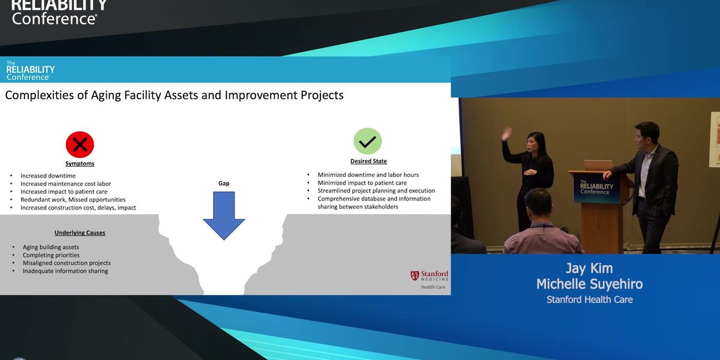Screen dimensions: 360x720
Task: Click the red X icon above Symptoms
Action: [x=80, y=145]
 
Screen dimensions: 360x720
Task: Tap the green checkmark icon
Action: [x=367, y=142]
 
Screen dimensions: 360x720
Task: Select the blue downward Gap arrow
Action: [x=224, y=214]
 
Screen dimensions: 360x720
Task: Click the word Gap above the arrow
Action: [x=224, y=183]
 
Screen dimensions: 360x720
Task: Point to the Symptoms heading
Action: [x=80, y=164]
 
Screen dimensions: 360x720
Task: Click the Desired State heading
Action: [x=368, y=161]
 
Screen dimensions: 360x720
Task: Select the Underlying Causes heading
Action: [x=80, y=232]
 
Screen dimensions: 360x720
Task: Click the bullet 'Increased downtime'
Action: [x=48, y=176]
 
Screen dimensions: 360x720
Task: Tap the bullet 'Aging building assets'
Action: [x=51, y=247]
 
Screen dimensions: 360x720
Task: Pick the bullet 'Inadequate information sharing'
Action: [x=65, y=271]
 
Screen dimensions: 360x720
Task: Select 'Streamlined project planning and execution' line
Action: [x=376, y=191]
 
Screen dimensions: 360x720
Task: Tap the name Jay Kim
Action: [x=589, y=268]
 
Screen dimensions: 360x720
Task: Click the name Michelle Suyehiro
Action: [x=589, y=284]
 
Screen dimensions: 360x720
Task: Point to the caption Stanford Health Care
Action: [x=589, y=299]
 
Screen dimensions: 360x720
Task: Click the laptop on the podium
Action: [x=597, y=165]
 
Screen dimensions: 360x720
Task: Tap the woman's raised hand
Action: [x=507, y=132]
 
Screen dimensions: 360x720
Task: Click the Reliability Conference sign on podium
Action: [x=596, y=188]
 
